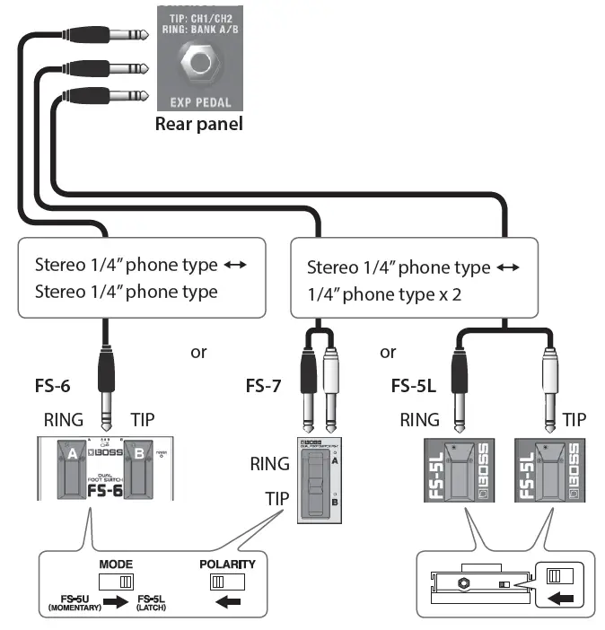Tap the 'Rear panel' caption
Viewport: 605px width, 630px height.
point(198,125)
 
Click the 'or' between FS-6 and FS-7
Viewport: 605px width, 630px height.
point(198,352)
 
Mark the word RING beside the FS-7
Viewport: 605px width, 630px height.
point(270,464)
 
